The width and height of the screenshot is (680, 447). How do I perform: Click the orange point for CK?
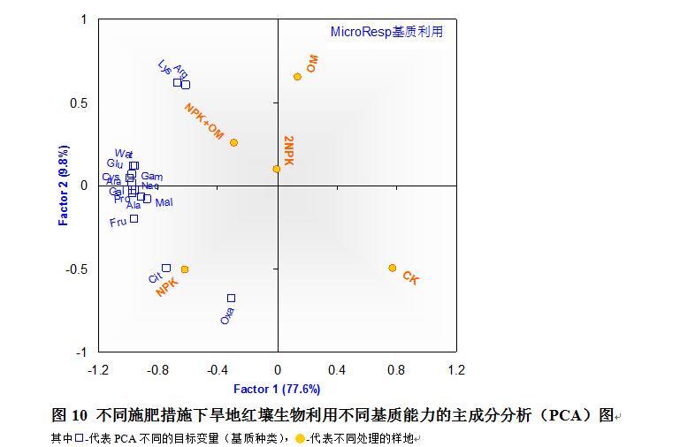point(393,268)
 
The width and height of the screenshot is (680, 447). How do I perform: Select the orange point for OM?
point(297,77)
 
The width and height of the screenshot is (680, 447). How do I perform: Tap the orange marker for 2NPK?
point(277,169)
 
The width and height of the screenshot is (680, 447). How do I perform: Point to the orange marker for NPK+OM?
point(233,142)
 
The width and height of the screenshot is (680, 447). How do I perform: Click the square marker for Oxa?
point(231,299)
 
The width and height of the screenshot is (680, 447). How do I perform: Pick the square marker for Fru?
point(134,218)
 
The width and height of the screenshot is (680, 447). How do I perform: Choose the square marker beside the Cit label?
point(166,268)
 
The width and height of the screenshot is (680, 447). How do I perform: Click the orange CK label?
point(410,278)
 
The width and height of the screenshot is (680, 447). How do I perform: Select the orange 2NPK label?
point(288,149)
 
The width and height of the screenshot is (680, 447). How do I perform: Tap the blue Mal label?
point(164,202)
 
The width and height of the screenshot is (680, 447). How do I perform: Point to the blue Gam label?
point(151,177)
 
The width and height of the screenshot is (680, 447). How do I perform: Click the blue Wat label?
point(123,154)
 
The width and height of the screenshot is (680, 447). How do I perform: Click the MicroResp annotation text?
point(386,32)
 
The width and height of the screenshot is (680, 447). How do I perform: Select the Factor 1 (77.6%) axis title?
point(277,389)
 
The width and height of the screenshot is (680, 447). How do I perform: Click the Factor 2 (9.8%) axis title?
point(64,186)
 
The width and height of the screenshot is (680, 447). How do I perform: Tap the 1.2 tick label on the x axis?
point(455,369)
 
